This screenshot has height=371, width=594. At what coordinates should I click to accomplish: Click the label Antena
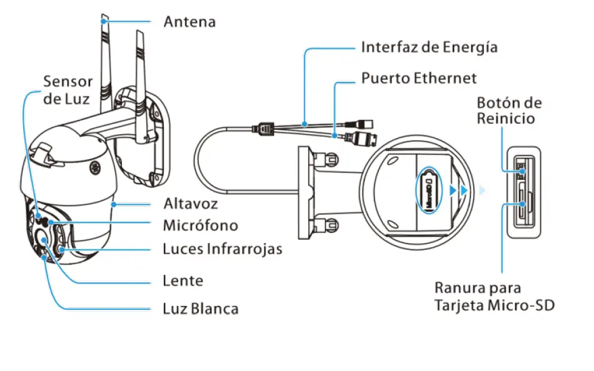pos(189,22)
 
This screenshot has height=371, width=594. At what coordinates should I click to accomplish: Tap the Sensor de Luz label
pos(68,90)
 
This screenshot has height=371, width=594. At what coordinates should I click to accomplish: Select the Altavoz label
pos(190,204)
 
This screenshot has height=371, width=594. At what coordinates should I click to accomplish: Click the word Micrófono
pos(200,225)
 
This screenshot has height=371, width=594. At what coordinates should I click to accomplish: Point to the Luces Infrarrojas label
pos(222,249)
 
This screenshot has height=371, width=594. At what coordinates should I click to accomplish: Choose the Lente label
pos(183,280)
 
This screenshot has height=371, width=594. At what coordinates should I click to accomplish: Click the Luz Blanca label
pos(200,309)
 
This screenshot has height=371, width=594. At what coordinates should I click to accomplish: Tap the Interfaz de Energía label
pos(429,47)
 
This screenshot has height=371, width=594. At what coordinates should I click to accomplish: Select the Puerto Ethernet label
pos(418,78)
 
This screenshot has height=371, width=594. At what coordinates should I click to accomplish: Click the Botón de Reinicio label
pos(509,110)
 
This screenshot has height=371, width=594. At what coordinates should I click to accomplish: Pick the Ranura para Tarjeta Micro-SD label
pos(494,297)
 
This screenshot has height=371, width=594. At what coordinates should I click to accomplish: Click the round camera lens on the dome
pos(46,239)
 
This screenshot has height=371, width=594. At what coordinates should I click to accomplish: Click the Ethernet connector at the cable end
pos(366,137)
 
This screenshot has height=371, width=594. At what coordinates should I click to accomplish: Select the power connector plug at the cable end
pos(365,121)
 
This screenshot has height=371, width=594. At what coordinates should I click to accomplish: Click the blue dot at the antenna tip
pos(104,21)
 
